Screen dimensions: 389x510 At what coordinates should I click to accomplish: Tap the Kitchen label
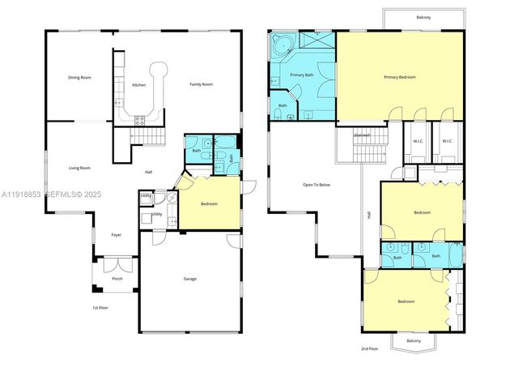coord(138,85)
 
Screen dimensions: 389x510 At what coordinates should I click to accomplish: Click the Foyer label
coord(117,234)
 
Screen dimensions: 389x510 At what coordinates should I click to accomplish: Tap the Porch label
coord(117,279)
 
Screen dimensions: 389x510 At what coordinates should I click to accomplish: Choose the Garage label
coord(189,279)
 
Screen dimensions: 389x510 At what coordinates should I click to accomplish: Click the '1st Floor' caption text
coord(100,308)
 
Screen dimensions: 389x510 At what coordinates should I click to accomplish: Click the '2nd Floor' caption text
coord(369,348)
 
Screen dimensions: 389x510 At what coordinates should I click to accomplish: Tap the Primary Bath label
coord(301,75)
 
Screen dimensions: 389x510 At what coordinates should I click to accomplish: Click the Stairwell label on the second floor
coord(362,135)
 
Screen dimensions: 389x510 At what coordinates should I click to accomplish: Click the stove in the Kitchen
coord(138,119)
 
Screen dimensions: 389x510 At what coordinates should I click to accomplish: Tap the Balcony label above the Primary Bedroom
coord(423,16)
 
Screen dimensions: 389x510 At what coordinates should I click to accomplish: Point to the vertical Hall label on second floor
coord(369,216)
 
